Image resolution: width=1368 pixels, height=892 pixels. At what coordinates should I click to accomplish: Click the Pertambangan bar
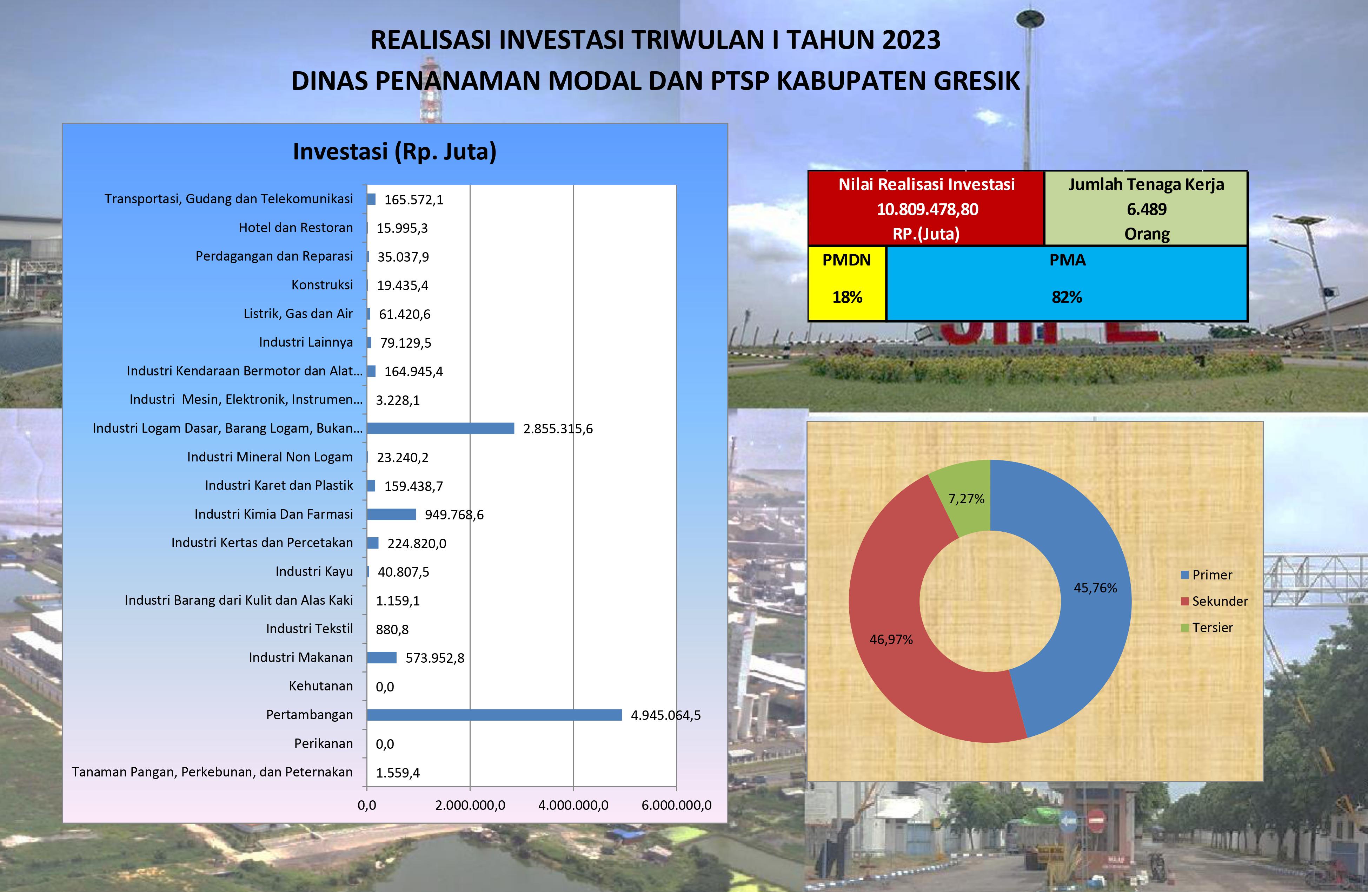tap(494, 715)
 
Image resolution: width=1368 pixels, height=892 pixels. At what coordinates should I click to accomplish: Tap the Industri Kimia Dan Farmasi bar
tap(391, 514)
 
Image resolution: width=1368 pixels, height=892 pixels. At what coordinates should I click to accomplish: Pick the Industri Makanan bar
tap(382, 657)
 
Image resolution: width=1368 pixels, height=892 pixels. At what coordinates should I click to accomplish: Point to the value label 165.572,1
tap(414, 199)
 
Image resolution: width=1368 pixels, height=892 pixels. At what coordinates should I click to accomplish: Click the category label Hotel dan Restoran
tap(296, 228)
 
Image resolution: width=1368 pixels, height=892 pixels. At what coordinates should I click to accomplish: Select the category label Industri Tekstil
tap(309, 629)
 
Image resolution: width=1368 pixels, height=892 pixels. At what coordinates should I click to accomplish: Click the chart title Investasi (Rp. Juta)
tap(395, 152)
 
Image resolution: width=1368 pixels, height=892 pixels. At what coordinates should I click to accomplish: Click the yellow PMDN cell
tap(847, 283)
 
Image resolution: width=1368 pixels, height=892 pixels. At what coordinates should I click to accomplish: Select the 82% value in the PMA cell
tap(1067, 297)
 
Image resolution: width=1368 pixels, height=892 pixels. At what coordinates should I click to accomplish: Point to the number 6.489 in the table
tap(1147, 209)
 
